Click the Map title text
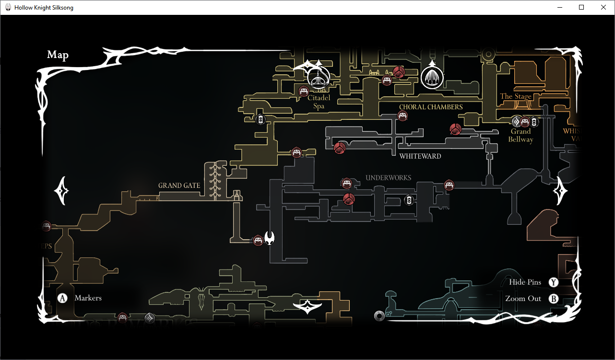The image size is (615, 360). point(58,55)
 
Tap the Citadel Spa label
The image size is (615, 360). point(319,102)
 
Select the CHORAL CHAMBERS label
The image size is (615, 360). point(431,107)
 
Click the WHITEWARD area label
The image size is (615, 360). point(420,156)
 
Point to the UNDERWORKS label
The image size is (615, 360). point(388,178)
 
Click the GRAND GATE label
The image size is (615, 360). point(179,186)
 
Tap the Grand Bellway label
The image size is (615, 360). point(520,135)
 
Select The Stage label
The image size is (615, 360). point(516,96)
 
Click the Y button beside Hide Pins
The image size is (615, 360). point(554,282)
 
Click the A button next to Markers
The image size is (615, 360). point(62,298)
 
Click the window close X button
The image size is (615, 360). point(603,7)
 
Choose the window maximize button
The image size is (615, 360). point(581,7)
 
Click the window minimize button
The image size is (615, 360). point(559,7)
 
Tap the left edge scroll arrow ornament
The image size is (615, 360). point(62,190)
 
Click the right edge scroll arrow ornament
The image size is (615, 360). point(560,191)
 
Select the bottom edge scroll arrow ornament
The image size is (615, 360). point(307,306)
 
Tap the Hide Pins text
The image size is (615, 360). point(525,282)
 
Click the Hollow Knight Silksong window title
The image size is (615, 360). point(44,8)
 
